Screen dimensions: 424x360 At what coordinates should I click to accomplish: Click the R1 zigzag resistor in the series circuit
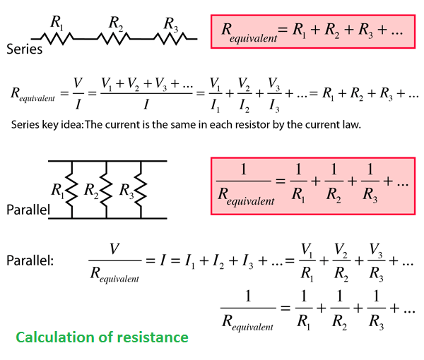[57, 39]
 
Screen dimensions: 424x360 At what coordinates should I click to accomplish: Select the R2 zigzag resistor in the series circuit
[114, 39]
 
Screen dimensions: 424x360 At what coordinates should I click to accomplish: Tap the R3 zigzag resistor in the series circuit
[170, 39]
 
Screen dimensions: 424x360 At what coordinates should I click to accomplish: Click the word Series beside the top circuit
[24, 49]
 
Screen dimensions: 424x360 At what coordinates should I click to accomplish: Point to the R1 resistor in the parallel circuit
[72, 190]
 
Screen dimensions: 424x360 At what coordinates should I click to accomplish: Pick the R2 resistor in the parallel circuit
[106, 190]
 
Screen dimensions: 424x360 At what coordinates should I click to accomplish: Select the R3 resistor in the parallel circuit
[141, 190]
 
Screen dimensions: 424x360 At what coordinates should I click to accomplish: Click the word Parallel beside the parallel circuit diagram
[28, 210]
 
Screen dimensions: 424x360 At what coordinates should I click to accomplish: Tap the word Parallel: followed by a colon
[30, 260]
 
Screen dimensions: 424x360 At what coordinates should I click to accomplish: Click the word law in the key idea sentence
[353, 124]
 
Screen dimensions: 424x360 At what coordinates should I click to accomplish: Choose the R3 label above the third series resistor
[171, 24]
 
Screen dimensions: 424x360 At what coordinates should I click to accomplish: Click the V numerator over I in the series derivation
[78, 83]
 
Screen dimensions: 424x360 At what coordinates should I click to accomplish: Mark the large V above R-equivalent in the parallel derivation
[114, 248]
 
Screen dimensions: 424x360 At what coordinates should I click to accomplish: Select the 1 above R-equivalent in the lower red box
[244, 169]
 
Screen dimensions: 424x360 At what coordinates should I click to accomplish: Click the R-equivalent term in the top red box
[249, 32]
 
